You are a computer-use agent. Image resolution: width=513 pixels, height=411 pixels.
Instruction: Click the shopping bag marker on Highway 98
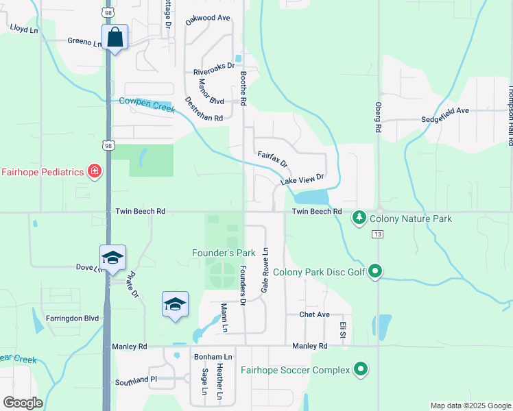(x=115, y=38)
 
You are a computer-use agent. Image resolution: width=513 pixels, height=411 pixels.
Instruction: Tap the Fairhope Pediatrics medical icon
(x=95, y=171)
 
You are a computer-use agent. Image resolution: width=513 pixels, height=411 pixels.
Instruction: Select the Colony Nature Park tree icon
(x=359, y=219)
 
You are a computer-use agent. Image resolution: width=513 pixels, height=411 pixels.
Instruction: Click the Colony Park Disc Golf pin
(x=374, y=272)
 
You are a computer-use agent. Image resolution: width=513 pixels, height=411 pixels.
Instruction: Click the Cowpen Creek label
(x=147, y=103)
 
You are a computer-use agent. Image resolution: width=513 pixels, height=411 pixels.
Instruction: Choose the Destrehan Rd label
(x=204, y=109)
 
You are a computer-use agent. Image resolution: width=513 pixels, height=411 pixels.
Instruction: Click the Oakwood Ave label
(x=208, y=18)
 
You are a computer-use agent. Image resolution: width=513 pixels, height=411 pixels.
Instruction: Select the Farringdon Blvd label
(x=74, y=318)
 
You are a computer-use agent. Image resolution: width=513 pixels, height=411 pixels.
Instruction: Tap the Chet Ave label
(x=315, y=314)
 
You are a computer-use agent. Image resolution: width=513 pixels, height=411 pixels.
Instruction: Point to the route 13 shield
(x=377, y=234)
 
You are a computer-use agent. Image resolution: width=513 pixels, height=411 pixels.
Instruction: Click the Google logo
(x=23, y=403)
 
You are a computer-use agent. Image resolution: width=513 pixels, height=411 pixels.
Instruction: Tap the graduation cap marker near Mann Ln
(x=175, y=304)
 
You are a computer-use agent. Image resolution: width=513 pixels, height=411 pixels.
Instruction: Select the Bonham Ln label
(x=213, y=357)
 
